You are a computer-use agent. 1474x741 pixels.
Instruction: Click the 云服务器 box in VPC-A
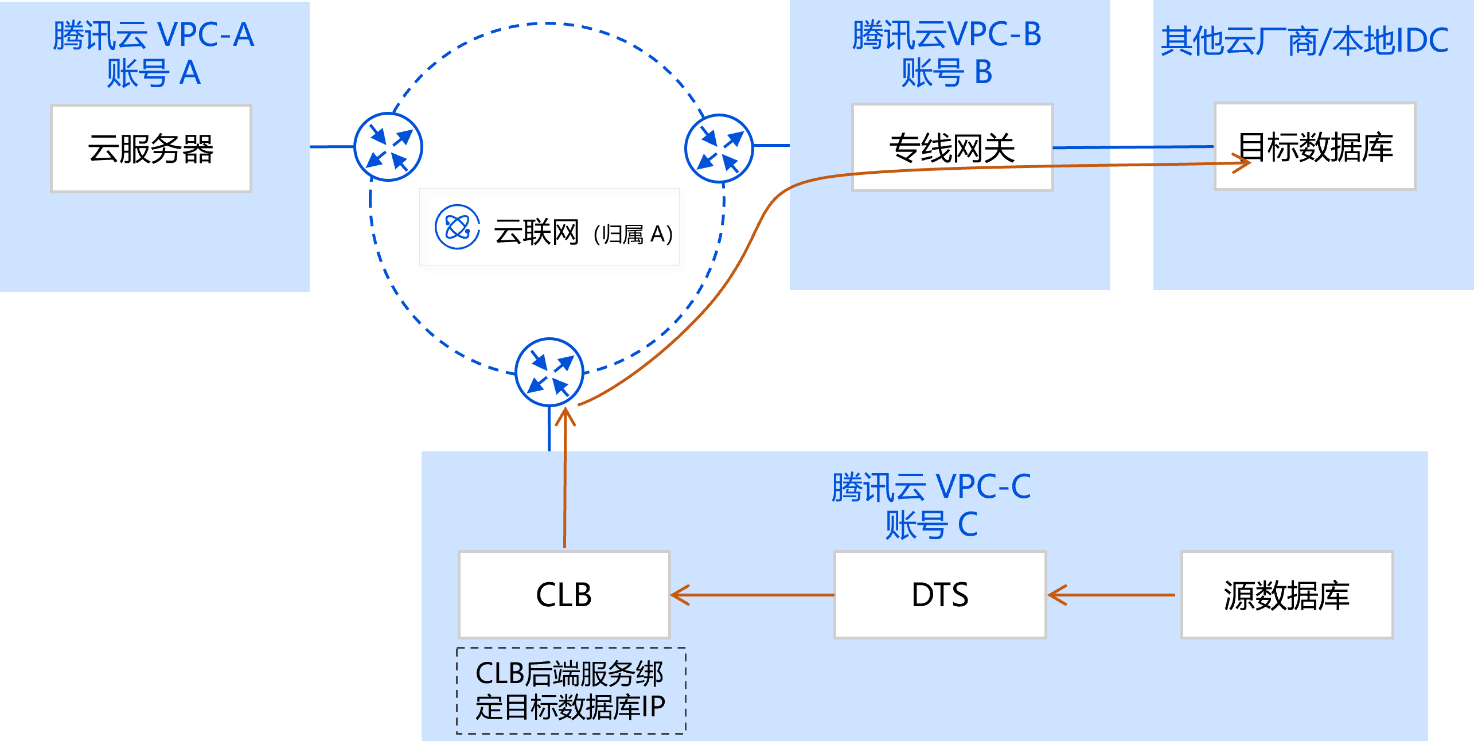151,149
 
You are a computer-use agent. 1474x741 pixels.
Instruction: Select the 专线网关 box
952,147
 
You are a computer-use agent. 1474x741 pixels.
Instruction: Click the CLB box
564,595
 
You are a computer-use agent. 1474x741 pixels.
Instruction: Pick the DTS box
940,595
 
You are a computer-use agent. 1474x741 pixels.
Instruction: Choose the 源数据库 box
1287,595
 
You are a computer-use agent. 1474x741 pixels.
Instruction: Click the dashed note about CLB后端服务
571,691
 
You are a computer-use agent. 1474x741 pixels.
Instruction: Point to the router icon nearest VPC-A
388,147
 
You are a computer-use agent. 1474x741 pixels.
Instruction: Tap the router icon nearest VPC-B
719,148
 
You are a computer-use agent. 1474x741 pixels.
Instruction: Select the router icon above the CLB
549,372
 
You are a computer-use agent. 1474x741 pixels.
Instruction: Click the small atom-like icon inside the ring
457,227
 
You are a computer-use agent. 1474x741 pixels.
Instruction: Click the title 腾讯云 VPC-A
153,36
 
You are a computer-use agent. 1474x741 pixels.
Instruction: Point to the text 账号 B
946,73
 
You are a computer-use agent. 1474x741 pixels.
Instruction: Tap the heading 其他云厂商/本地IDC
1305,41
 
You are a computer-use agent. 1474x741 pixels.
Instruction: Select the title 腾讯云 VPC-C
931,487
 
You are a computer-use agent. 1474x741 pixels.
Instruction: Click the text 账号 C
931,525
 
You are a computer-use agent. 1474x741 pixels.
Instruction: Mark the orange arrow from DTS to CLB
751,595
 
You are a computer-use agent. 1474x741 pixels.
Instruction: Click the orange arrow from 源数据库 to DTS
1110,595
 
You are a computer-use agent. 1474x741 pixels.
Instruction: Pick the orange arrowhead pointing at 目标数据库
1242,163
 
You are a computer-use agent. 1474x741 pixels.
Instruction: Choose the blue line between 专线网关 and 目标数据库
1133,147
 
